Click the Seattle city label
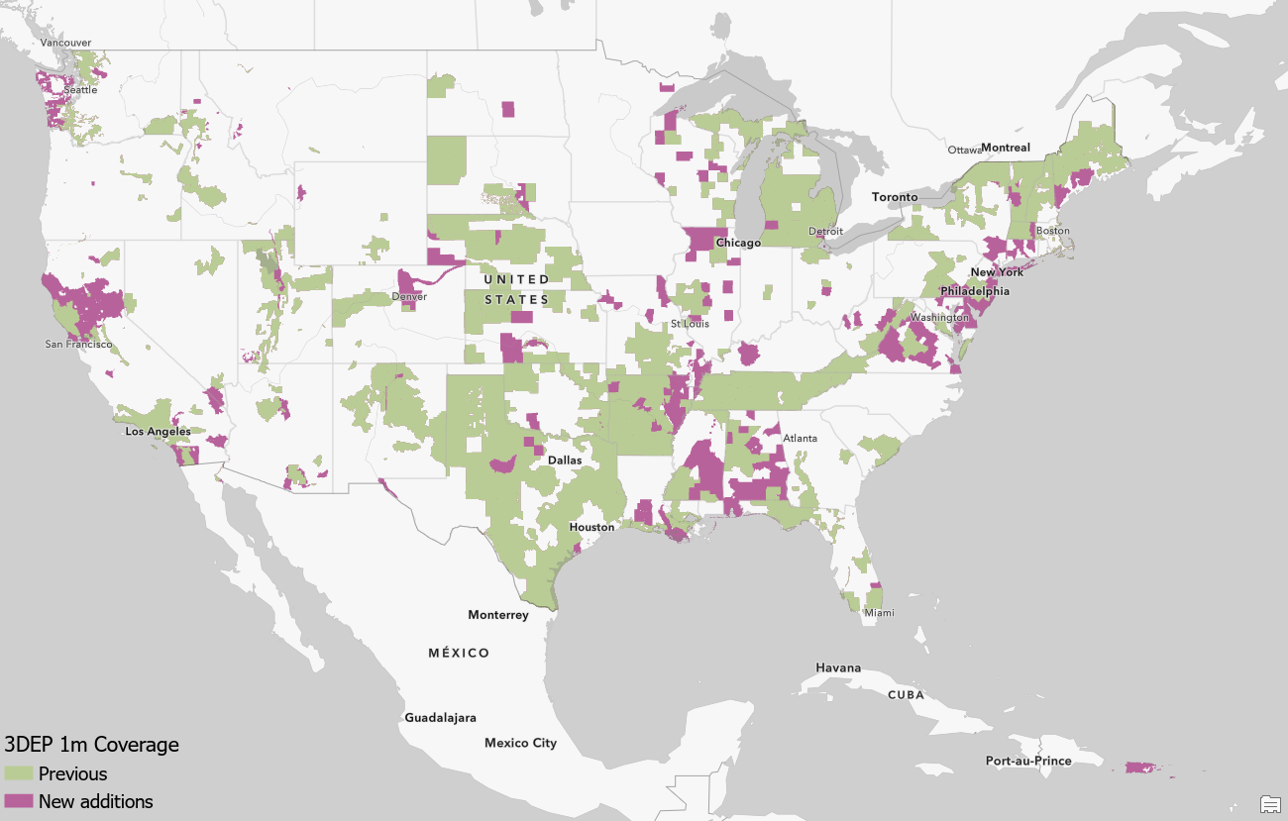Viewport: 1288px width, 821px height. click(81, 90)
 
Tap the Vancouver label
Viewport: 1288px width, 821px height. click(65, 43)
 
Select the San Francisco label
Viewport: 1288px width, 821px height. click(79, 345)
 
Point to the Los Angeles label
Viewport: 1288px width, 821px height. click(158, 432)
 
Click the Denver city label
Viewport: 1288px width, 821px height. click(409, 296)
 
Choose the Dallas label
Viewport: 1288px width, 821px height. click(566, 461)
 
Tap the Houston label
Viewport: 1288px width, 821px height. click(591, 527)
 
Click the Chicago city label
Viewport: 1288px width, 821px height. click(738, 243)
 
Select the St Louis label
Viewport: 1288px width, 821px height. click(690, 324)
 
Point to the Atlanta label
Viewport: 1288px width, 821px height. click(800, 438)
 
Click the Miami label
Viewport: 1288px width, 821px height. click(878, 613)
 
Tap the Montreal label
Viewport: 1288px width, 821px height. click(1006, 148)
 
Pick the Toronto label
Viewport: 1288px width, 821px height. click(895, 197)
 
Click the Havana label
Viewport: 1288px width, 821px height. click(838, 667)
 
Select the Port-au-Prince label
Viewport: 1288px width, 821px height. click(1028, 761)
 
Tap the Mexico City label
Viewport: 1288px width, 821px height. click(520, 743)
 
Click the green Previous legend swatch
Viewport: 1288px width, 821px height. click(19, 773)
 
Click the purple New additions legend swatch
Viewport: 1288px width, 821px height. click(19, 801)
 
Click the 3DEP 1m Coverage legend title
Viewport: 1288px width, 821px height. click(92, 745)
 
